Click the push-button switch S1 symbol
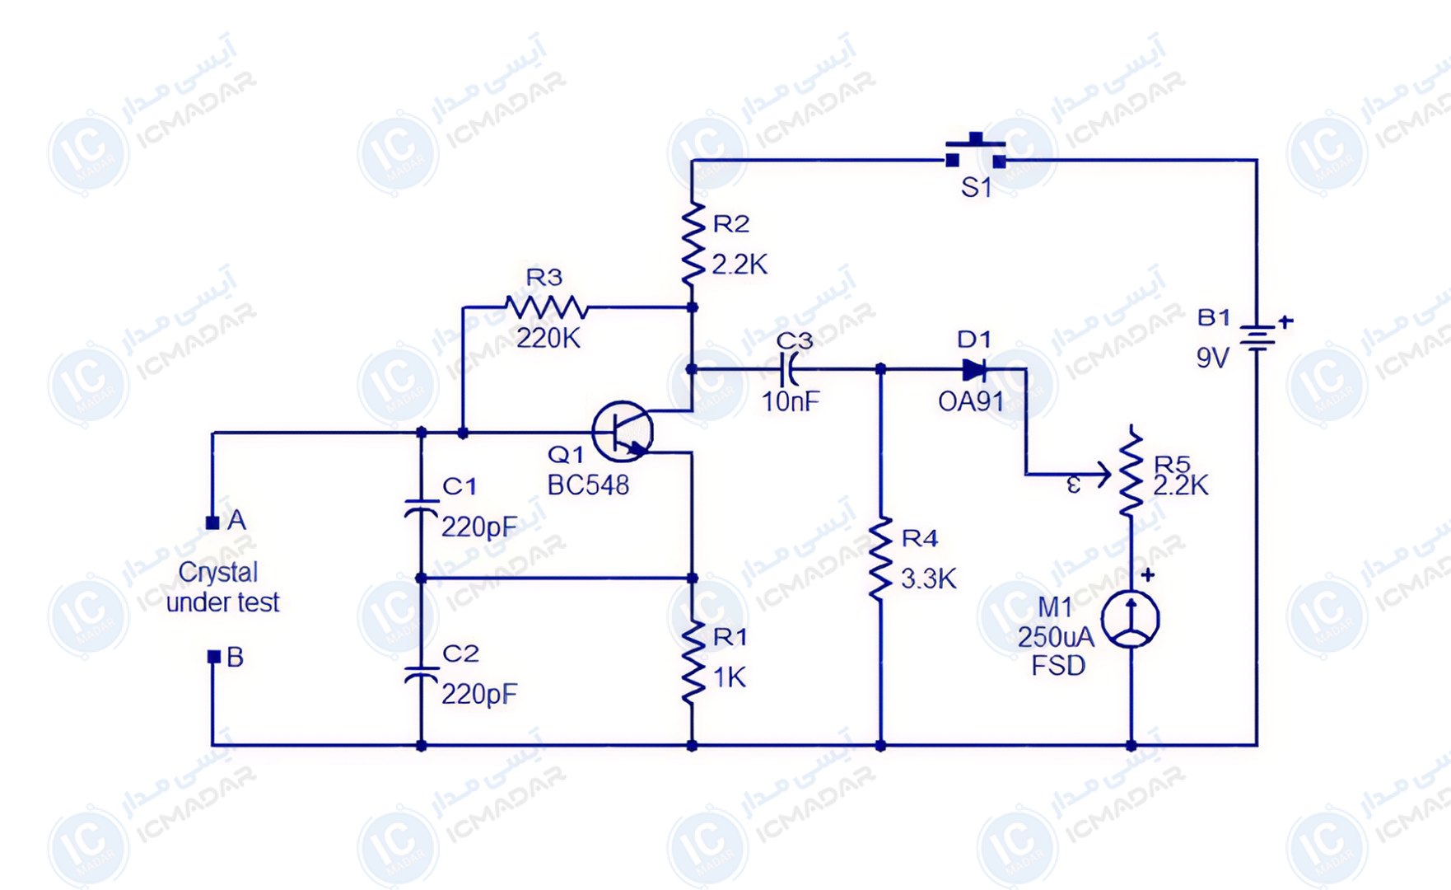976,152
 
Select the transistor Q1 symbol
623,432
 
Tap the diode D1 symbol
974,369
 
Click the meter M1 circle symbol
1131,619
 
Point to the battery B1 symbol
1257,336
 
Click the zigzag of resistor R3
546,308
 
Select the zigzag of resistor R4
880,558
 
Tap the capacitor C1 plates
421,508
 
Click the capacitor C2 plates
421,675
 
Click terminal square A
212,522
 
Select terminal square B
213,657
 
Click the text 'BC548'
588,485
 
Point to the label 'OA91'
971,402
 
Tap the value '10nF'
791,402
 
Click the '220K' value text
548,338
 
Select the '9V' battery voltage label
1212,358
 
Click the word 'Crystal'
218,572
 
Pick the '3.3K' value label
929,579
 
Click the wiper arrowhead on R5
1103,475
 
